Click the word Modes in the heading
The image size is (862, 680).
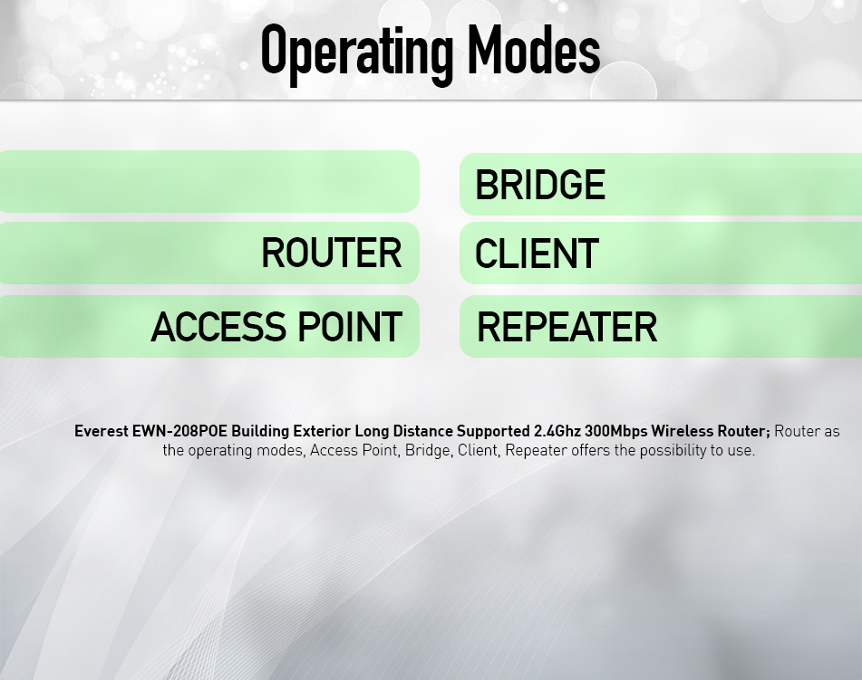[x=534, y=50]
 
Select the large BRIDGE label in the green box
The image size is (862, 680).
[x=540, y=185]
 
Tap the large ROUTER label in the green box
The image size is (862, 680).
[x=332, y=253]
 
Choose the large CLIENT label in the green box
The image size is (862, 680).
[x=537, y=254]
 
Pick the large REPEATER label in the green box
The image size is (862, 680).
[x=567, y=327]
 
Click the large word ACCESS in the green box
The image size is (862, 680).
[x=218, y=327]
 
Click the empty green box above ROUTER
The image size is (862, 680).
[x=209, y=181]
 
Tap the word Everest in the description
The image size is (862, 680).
[x=102, y=431]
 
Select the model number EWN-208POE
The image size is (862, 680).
[x=179, y=431]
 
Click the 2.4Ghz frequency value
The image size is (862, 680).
[x=557, y=431]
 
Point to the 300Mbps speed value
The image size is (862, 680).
[x=616, y=432]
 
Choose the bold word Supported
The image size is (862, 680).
[x=493, y=432]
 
